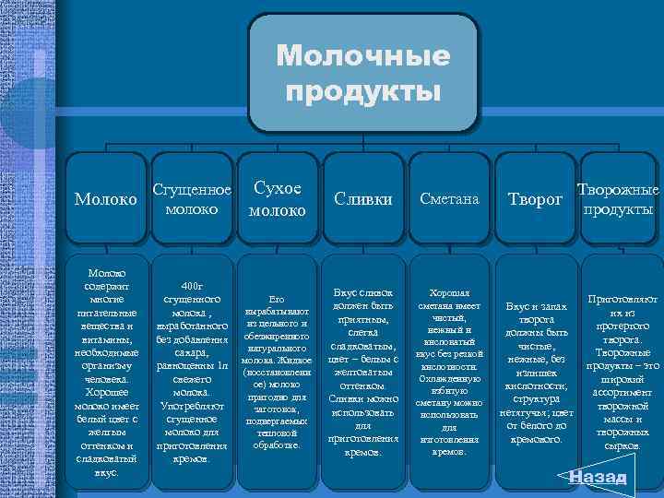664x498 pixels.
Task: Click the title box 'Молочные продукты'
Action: [363, 73]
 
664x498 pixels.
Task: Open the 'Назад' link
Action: [598, 477]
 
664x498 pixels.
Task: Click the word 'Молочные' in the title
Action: [363, 57]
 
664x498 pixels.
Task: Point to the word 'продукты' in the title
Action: [363, 91]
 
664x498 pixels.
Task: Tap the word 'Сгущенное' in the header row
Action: [192, 190]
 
